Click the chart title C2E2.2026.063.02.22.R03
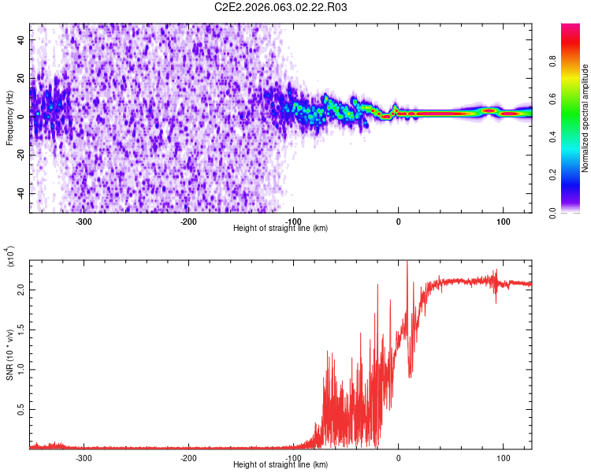(x=281, y=8)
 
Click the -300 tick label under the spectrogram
(x=84, y=221)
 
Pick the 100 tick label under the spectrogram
(x=503, y=221)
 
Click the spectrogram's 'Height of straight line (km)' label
(x=281, y=229)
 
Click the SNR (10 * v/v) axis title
(x=9, y=355)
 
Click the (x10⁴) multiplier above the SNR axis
(x=9, y=257)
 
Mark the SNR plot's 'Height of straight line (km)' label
(x=281, y=465)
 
